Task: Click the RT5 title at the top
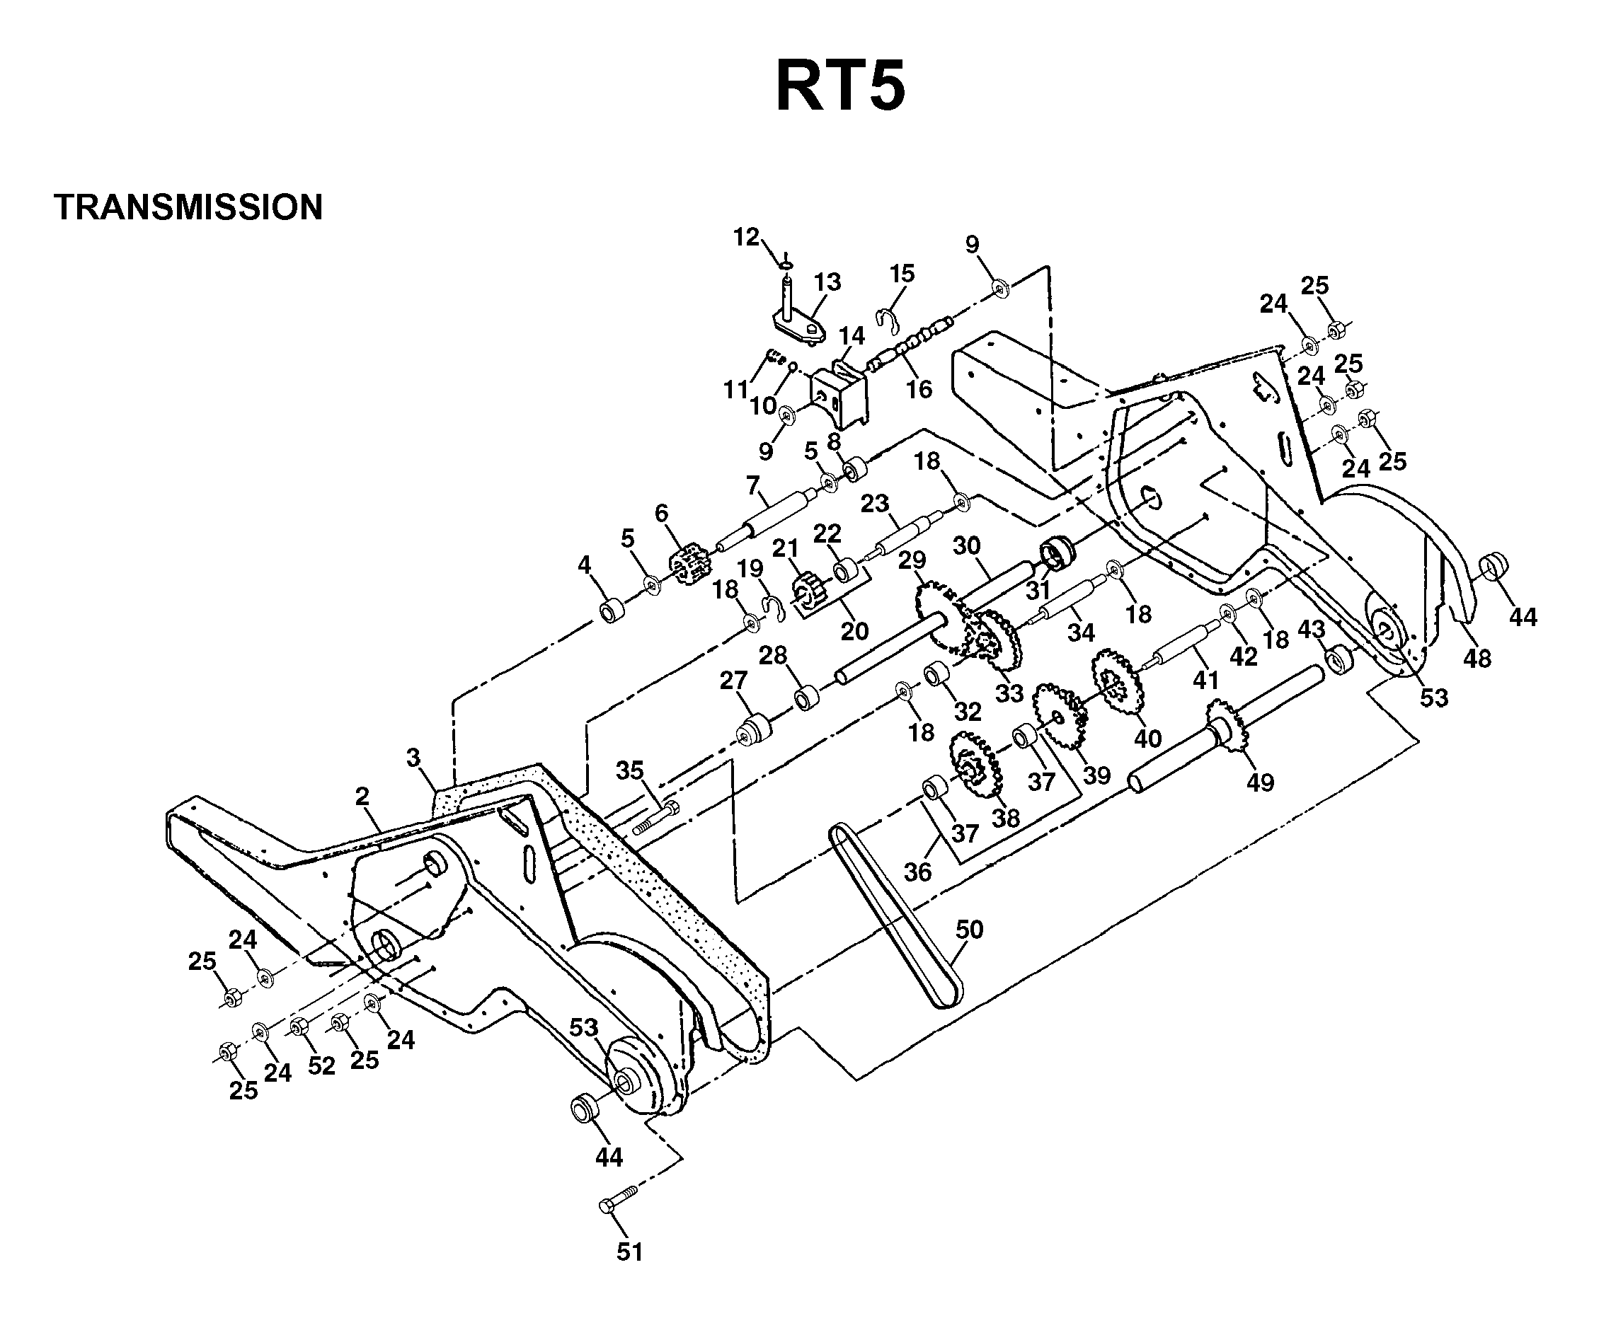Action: (840, 86)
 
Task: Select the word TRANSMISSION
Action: (188, 207)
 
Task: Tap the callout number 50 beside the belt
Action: (968, 930)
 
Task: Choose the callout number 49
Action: (1260, 782)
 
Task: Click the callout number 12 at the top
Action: (746, 237)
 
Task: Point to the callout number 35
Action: (630, 770)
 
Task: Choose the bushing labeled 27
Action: (755, 729)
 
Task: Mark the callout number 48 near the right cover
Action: (1477, 658)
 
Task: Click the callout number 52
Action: (321, 1066)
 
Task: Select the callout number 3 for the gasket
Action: (413, 757)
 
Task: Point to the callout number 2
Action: (362, 797)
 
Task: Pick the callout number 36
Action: (917, 872)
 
